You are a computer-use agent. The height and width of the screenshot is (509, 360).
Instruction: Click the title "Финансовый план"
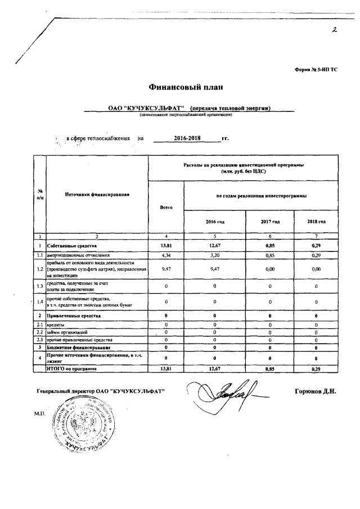186,87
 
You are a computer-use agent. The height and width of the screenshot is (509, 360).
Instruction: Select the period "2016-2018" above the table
188,138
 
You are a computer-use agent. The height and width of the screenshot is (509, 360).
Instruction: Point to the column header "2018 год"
316,222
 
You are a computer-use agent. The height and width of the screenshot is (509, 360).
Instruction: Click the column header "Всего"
166,207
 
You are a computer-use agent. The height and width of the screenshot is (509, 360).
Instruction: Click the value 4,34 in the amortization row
166,255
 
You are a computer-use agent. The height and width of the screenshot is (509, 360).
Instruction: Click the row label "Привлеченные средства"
74,317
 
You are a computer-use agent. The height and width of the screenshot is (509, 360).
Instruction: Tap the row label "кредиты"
56,325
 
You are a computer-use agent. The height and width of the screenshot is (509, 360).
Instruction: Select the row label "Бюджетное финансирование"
78,348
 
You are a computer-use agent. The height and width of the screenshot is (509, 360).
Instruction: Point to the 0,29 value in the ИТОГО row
316,368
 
